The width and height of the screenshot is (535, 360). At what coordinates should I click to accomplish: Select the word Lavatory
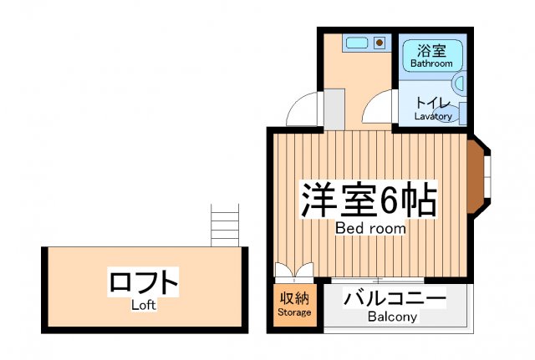click(x=433, y=116)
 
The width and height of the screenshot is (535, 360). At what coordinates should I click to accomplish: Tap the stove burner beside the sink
click(x=380, y=41)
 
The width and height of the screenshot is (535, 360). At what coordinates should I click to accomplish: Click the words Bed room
click(x=370, y=228)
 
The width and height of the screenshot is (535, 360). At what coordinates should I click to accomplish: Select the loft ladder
click(x=225, y=226)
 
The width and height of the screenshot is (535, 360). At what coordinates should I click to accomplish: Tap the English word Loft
click(x=144, y=305)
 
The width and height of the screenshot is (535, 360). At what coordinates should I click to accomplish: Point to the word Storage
click(x=293, y=312)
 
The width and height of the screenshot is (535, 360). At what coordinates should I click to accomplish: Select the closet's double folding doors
click(x=293, y=271)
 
